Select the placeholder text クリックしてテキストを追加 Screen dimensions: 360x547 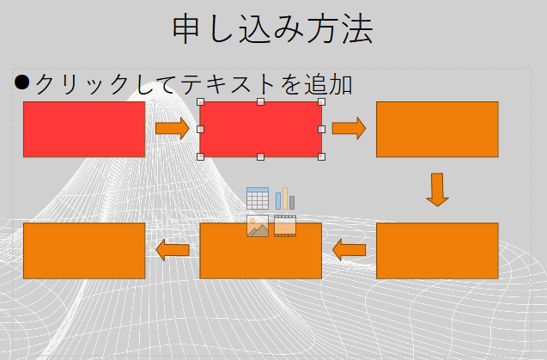(193, 84)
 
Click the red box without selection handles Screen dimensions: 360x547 (84, 129)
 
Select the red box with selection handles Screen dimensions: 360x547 (261, 130)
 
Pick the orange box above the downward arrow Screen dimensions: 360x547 (437, 129)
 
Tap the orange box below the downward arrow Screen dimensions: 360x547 (437, 251)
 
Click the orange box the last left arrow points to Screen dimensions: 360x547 (84, 251)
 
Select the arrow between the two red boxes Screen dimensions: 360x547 (173, 129)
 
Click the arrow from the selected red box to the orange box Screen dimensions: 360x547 (349, 129)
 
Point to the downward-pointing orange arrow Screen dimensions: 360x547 (437, 189)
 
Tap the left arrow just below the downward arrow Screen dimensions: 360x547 (349, 251)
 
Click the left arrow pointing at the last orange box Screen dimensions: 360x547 (173, 250)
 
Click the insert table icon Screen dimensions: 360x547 (258, 198)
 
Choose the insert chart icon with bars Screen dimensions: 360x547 (285, 198)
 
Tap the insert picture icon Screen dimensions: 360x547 (258, 226)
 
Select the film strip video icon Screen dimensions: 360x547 (285, 226)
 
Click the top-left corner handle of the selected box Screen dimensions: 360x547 (200, 102)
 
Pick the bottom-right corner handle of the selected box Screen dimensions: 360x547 (322, 156)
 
